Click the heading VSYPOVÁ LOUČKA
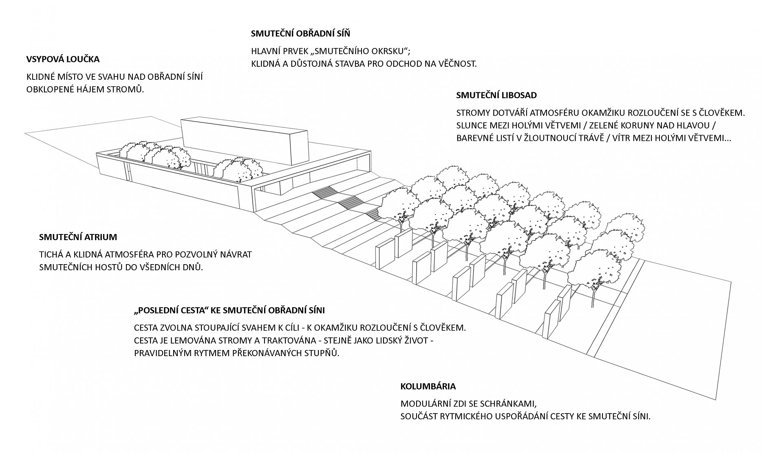pyautogui.click(x=63, y=59)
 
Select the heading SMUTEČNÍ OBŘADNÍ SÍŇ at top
pyautogui.click(x=300, y=33)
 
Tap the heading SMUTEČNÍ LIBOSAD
pyautogui.click(x=496, y=95)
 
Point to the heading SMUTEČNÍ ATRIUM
pyautogui.click(x=78, y=237)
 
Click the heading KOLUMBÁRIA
pyautogui.click(x=428, y=386)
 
